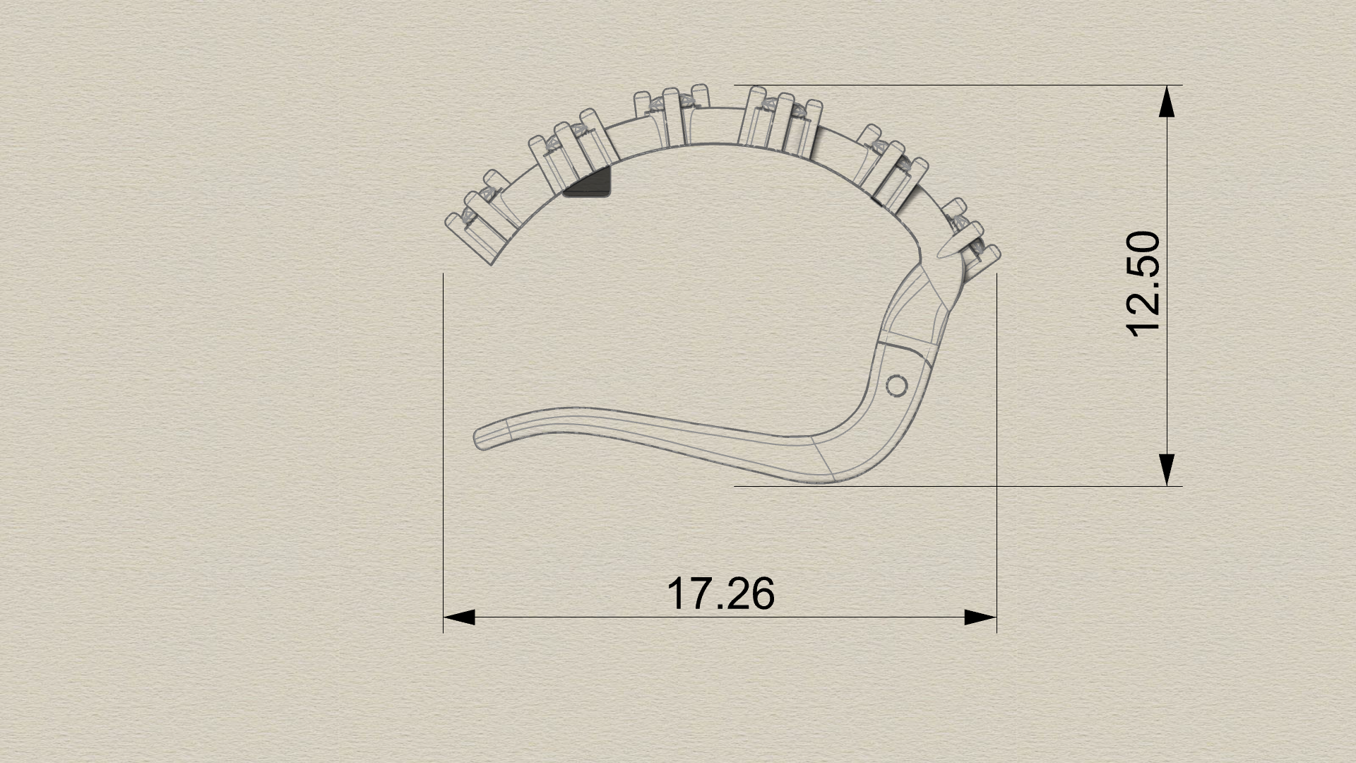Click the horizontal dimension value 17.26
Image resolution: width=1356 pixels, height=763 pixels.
pyautogui.click(x=720, y=593)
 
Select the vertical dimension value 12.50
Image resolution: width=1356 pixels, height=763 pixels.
pyautogui.click(x=1142, y=285)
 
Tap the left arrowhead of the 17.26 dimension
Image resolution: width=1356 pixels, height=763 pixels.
pyautogui.click(x=459, y=617)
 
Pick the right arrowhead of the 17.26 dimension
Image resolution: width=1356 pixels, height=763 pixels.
pyautogui.click(x=980, y=617)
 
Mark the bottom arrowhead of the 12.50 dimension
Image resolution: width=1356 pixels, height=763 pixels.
pyautogui.click(x=1167, y=470)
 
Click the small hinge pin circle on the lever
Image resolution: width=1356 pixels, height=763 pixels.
pyautogui.click(x=897, y=386)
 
